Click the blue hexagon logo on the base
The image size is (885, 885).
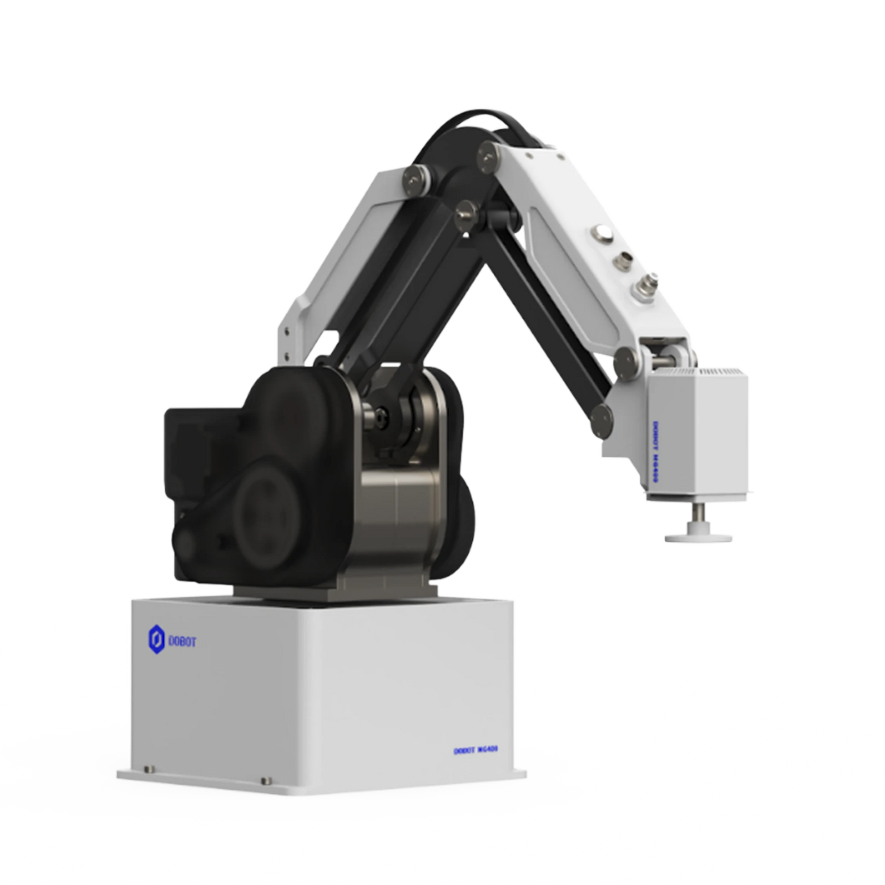[x=156, y=640]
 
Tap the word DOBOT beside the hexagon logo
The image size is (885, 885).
[x=182, y=642]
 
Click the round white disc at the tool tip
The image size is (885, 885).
[x=698, y=536]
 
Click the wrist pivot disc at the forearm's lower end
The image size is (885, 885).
[x=626, y=360]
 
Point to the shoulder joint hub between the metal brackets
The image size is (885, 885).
[x=380, y=417]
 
